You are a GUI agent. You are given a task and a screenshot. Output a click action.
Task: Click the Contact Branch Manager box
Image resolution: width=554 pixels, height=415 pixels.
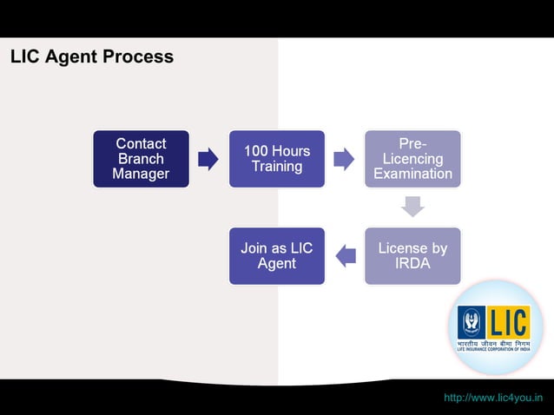[x=141, y=159]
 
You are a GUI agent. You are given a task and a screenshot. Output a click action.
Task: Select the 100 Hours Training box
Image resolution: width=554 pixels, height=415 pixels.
[x=276, y=159]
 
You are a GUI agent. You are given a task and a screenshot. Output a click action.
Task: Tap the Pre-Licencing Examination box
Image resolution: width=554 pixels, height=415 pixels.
[x=412, y=159]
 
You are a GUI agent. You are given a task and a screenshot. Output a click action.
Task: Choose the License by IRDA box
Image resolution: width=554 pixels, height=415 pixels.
[x=412, y=256]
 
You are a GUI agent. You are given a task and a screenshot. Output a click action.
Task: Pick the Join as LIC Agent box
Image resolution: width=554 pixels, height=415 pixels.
[x=276, y=256]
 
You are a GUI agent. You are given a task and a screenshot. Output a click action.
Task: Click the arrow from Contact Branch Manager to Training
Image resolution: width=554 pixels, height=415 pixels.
[x=208, y=159]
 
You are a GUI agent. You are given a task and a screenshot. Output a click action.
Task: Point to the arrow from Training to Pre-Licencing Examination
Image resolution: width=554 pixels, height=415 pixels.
[x=344, y=159]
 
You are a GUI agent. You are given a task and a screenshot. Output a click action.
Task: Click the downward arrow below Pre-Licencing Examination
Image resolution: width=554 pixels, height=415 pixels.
[x=412, y=207]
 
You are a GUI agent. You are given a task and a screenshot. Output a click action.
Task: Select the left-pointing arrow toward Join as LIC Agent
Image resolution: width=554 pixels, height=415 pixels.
[x=345, y=255]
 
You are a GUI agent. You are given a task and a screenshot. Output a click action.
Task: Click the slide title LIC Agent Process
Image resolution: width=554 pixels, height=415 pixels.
[x=92, y=57]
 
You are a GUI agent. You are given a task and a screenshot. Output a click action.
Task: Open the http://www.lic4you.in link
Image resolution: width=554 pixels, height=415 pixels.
[x=492, y=398]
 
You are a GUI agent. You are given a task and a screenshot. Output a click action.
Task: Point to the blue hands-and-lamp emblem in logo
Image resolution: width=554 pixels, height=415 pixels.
[x=473, y=323]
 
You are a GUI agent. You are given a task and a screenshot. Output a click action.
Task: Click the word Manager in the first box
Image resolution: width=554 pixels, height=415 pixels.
[x=141, y=175]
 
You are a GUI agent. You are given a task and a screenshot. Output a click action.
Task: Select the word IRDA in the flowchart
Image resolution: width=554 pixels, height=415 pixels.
[x=412, y=264]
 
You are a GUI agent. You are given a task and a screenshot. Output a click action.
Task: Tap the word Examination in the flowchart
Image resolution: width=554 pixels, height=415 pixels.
[x=412, y=174]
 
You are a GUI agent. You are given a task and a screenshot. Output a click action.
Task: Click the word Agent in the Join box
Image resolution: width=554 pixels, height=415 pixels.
[x=276, y=264]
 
